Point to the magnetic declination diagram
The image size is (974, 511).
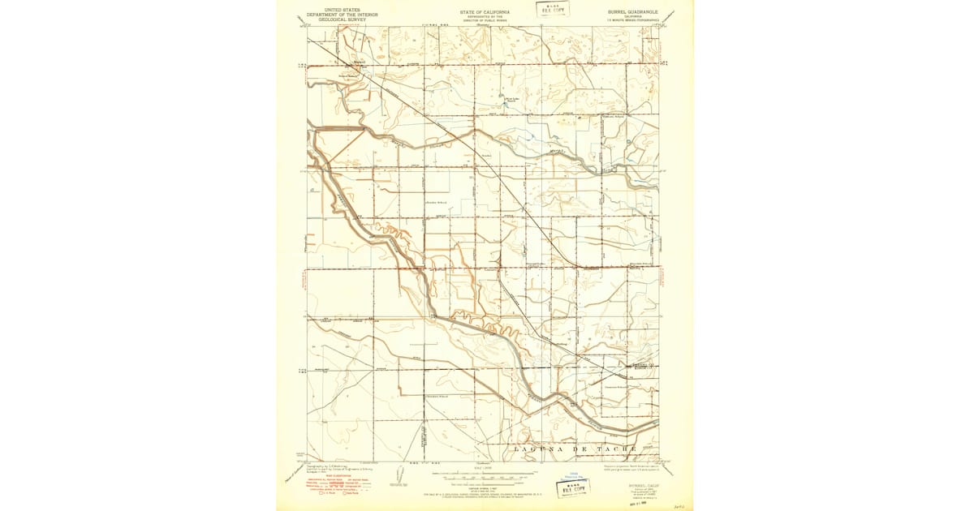[x=398, y=475]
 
